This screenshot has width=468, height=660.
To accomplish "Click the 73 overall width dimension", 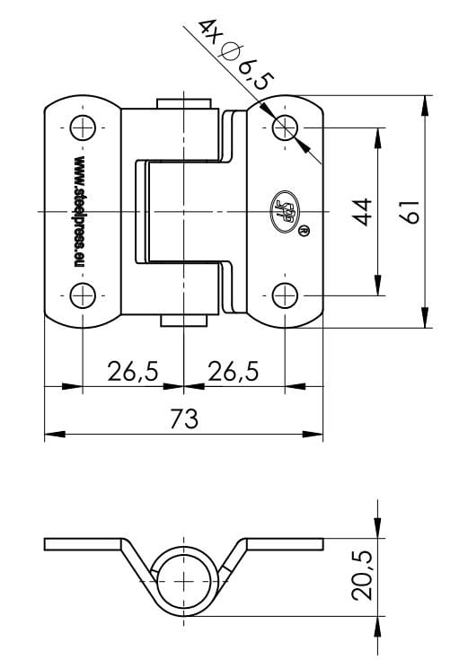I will coord(183,418).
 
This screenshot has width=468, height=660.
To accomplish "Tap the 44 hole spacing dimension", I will coord(362,212).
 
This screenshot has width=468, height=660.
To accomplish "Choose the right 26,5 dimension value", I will coord(233,371).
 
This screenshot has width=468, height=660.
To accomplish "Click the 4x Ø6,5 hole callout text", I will coord(228,56).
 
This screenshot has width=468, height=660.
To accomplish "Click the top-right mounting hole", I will coord(285,128).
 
